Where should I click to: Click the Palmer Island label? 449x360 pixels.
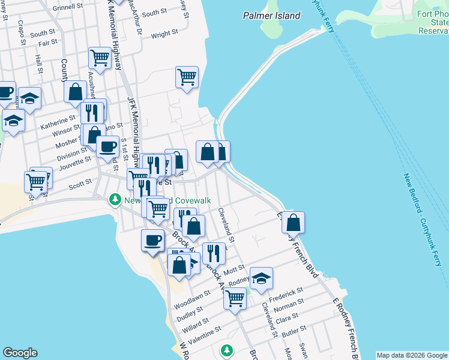click(x=271, y=16)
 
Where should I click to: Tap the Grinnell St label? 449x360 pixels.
click(x=67, y=8)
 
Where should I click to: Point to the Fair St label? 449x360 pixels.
click(x=47, y=42)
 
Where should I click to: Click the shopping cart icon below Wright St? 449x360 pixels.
click(x=187, y=77)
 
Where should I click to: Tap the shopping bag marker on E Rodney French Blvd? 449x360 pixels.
click(x=293, y=223)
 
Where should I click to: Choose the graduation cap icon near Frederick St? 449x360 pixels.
click(x=261, y=278)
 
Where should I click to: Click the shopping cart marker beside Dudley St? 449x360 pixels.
click(x=234, y=298)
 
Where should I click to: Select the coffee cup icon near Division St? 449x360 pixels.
click(x=108, y=146)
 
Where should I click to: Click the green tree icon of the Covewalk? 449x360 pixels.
click(x=114, y=199)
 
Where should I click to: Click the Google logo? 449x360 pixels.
click(x=20, y=353)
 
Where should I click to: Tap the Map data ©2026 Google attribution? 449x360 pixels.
click(x=412, y=355)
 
